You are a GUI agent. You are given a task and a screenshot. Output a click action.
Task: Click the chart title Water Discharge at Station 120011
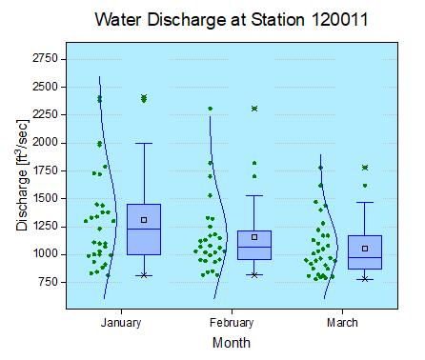coord(233,19)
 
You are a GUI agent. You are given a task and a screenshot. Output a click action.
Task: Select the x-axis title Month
coord(233,341)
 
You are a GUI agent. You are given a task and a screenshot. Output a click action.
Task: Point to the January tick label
coord(121,323)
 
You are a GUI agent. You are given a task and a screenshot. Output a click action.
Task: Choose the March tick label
coord(343,323)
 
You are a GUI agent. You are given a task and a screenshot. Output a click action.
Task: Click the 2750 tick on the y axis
coord(45,59)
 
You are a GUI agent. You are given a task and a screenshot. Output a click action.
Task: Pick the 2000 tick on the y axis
coord(45,143)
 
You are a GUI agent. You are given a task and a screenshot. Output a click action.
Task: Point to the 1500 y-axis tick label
coord(45,199)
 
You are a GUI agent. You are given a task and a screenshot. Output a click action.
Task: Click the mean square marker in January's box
coord(144,220)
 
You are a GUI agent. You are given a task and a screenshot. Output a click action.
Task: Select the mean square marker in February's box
coord(254,237)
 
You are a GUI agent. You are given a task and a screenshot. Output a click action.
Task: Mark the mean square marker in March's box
coord(365,249)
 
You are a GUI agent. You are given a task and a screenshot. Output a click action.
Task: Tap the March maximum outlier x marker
coord(365,168)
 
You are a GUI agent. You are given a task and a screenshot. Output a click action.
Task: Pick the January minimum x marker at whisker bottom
coord(144,275)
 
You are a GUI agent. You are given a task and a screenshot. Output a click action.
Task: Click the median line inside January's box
coord(144,230)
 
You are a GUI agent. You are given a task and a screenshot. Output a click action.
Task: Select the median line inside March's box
coord(365,258)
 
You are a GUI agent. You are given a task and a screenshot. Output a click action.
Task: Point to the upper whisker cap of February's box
coord(254,196)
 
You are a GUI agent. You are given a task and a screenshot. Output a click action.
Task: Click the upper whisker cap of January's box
coord(144,143)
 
